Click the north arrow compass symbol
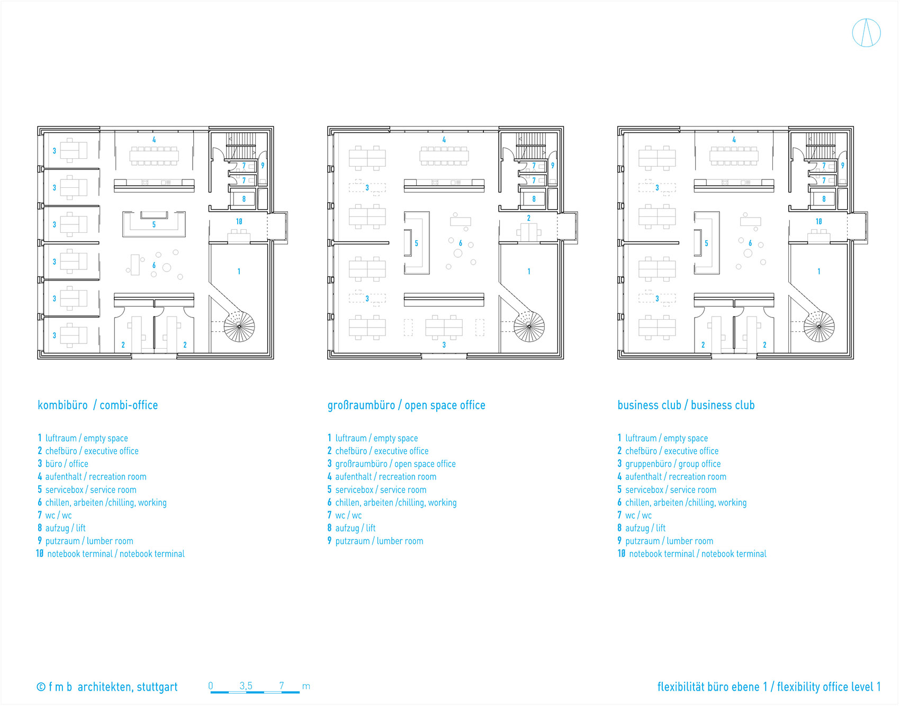click(x=866, y=33)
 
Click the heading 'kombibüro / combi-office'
click(x=97, y=405)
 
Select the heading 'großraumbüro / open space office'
click(x=406, y=405)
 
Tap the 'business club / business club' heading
click(x=686, y=405)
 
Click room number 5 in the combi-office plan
click(x=154, y=224)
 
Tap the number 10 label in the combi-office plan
click(x=239, y=222)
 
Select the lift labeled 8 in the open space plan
click(x=534, y=199)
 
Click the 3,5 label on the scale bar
click(x=246, y=686)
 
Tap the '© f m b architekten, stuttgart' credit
click(x=107, y=687)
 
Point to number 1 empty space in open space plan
click(x=529, y=271)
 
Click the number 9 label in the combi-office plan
click(x=263, y=166)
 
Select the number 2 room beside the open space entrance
click(x=528, y=218)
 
